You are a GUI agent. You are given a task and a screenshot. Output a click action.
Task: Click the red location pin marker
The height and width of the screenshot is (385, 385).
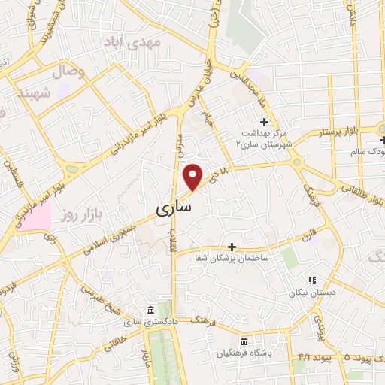point(193,176)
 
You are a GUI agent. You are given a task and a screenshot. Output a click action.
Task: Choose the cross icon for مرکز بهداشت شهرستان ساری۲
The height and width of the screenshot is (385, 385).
point(264,122)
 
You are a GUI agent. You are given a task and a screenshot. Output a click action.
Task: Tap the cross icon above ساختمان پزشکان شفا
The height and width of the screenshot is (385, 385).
point(232,246)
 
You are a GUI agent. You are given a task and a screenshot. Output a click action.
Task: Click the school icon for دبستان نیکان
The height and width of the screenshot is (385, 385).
point(312,280)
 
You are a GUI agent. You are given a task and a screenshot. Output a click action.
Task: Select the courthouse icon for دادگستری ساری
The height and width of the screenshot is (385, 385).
point(151,310)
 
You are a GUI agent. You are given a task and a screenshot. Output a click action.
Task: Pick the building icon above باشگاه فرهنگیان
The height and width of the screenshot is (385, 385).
point(243,340)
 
